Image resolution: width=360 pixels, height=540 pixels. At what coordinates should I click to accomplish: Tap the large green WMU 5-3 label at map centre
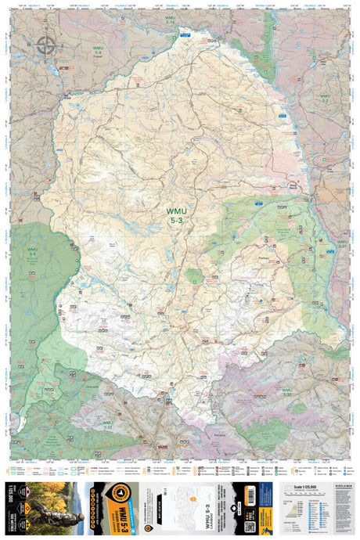176,215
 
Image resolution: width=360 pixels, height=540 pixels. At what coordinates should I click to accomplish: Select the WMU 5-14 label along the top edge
171,20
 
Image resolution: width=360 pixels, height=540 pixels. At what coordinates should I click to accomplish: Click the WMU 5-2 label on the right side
324,98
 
